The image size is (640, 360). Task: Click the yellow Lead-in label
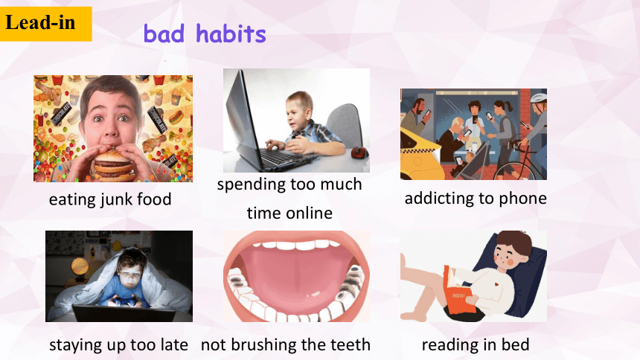point(45,24)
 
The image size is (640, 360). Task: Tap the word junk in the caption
point(116,200)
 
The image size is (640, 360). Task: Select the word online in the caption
point(310,213)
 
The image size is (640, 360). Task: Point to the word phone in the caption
point(523,199)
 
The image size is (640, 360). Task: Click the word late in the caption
point(174,345)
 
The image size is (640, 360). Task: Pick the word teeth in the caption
point(351,345)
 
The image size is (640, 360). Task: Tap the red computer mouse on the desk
point(359,152)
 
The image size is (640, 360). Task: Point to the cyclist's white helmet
point(538,98)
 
